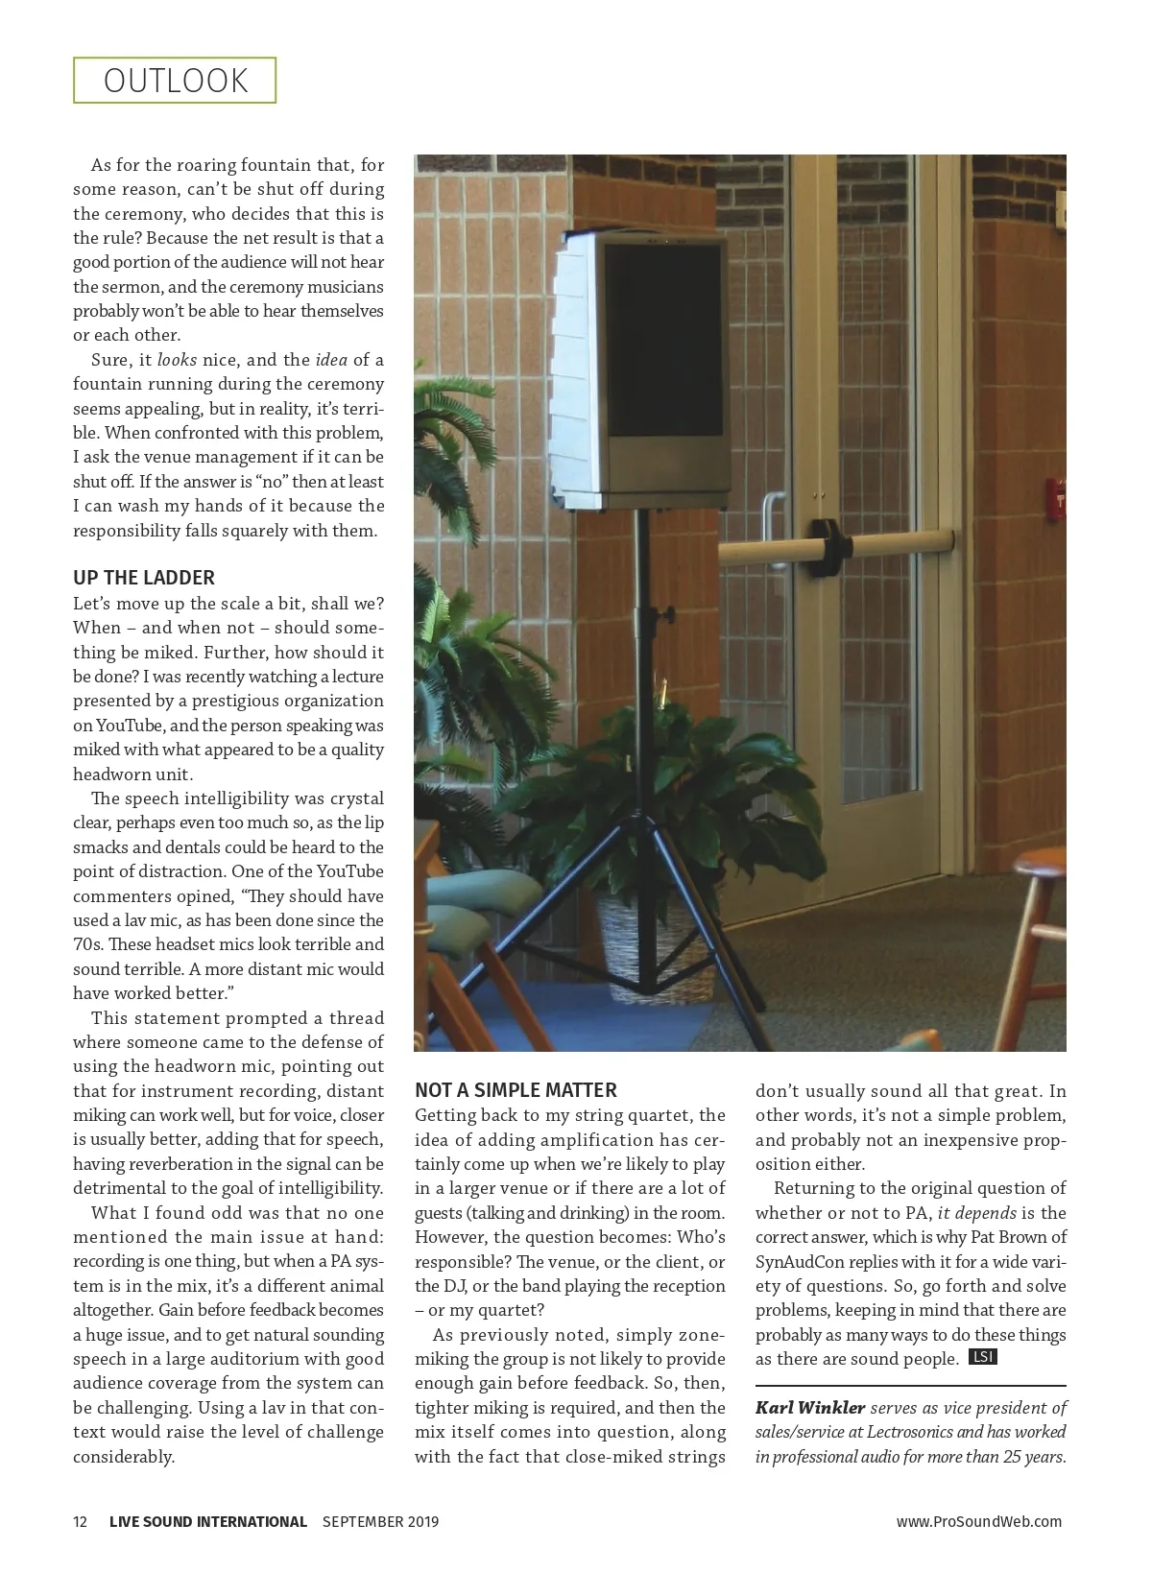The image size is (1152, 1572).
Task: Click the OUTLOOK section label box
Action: [175, 81]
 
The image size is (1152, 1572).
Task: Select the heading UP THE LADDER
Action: [144, 578]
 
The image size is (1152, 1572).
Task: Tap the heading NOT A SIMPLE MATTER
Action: [516, 1090]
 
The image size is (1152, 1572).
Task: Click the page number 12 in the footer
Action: [81, 1521]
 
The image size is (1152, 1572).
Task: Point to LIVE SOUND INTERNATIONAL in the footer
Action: [208, 1521]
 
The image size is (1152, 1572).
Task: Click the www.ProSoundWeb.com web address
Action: [978, 1521]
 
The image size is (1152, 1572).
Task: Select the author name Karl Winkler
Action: [810, 1408]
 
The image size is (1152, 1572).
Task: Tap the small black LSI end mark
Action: [982, 1357]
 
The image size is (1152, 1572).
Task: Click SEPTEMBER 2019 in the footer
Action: [380, 1521]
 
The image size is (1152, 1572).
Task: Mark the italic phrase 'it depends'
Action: [976, 1213]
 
